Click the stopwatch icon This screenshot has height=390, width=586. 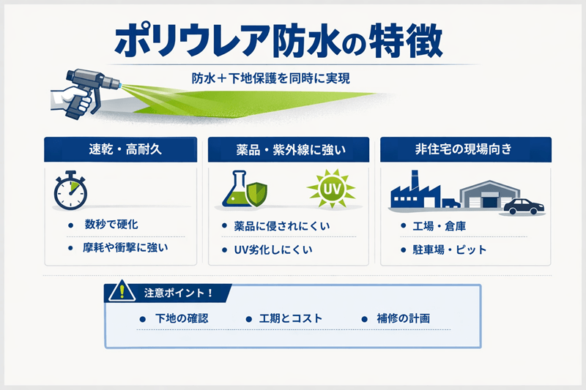pyautogui.click(x=70, y=190)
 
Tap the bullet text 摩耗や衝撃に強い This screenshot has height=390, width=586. pyautogui.click(x=127, y=248)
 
